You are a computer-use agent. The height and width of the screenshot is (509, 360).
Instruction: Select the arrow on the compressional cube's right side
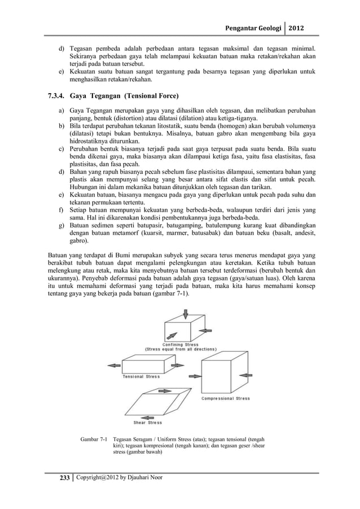click(x=247, y=373)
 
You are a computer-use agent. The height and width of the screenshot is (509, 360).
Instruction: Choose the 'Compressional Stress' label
click(x=226, y=399)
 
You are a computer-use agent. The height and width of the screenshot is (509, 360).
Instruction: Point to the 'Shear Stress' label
click(x=147, y=423)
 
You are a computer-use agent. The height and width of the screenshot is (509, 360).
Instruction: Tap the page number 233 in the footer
click(x=60, y=479)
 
